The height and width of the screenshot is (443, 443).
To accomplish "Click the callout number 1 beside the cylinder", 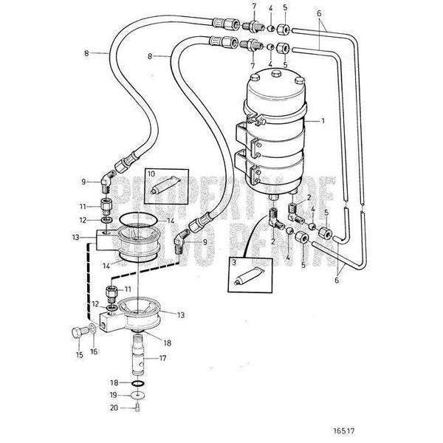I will click(x=323, y=120).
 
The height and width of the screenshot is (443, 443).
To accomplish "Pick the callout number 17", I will click(x=162, y=359).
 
